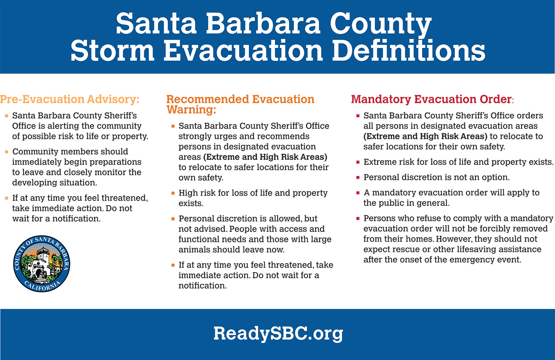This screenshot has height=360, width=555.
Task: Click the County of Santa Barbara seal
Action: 42,263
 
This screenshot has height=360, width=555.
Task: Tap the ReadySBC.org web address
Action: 278,334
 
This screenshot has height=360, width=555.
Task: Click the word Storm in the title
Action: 113,51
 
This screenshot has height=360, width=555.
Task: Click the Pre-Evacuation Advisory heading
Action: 70,99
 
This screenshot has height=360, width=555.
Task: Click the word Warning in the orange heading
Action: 191,109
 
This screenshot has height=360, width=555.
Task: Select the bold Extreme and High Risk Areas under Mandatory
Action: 426,136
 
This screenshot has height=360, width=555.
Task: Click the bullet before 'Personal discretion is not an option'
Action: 358,177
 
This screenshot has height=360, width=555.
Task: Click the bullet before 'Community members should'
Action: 7,152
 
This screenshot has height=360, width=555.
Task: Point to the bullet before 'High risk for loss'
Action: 173,193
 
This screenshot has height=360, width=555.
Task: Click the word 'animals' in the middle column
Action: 194,250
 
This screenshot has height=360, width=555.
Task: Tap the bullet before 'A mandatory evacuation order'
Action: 358,193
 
